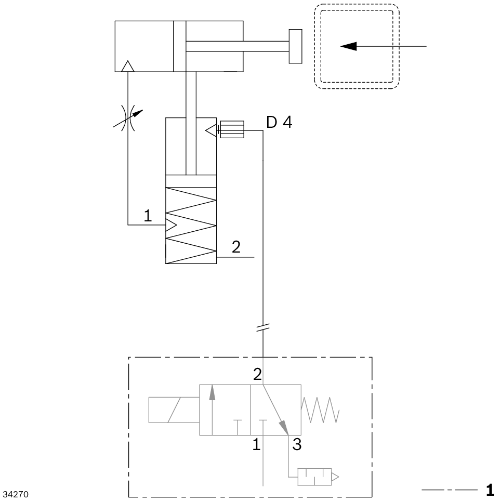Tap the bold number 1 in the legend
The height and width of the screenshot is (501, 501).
coord(490,490)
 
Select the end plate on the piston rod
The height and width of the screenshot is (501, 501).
coord(295,46)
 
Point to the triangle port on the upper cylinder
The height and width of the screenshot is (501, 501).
coord(127,66)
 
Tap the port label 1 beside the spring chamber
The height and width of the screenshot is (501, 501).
coord(148,216)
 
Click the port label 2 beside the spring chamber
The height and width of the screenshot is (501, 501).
coord(236,247)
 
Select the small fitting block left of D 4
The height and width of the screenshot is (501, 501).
coord(232,129)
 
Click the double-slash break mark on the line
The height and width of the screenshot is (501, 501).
coord(264,327)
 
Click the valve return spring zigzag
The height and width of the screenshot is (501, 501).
coord(321,410)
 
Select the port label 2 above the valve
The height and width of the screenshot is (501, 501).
coord(257,375)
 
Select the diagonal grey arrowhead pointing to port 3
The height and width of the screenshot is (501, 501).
coord(284,428)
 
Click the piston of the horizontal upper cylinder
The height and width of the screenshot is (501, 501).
coord(179,46)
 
